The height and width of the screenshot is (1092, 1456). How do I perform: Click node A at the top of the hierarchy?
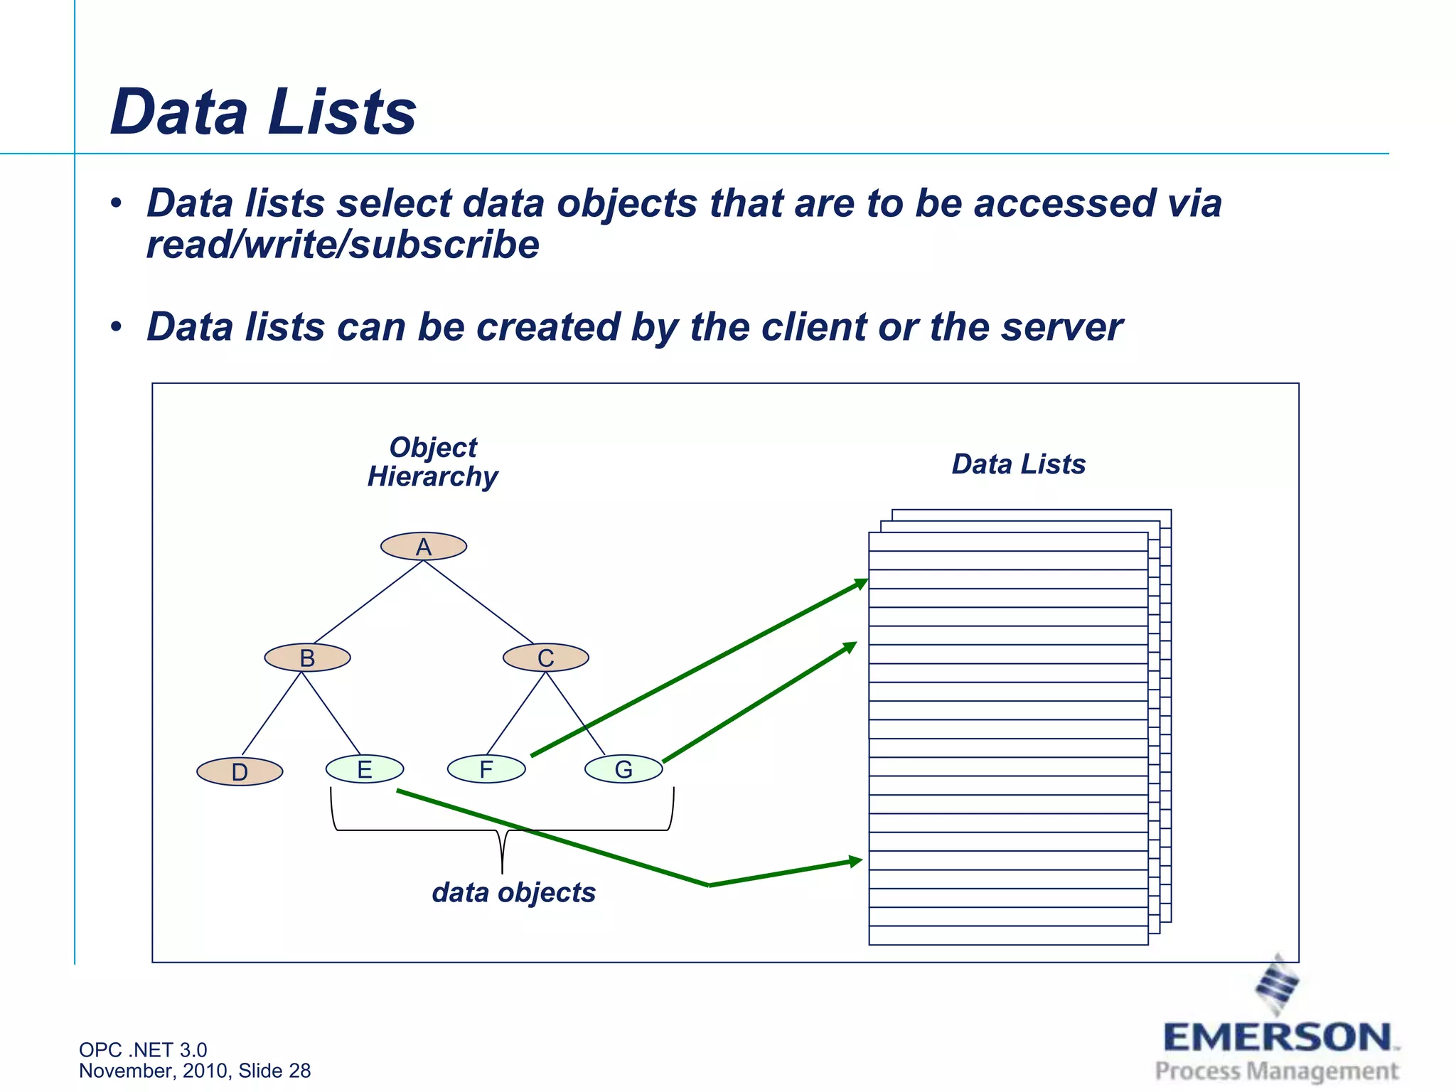pyautogui.click(x=424, y=547)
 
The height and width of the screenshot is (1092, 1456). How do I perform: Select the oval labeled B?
pyautogui.click(x=307, y=658)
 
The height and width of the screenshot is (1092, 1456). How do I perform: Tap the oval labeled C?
pyautogui.click(x=545, y=658)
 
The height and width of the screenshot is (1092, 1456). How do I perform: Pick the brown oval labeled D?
pyautogui.click(x=240, y=771)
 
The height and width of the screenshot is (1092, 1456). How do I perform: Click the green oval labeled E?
pyautogui.click(x=365, y=769)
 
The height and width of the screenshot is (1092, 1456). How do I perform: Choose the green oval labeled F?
pyautogui.click(x=486, y=769)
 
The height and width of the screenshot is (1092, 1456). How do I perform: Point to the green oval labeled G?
pyautogui.click(x=623, y=769)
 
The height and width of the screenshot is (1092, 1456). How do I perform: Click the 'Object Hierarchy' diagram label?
pyautogui.click(x=433, y=462)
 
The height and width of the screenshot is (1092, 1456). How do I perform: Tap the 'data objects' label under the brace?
pyautogui.click(x=513, y=893)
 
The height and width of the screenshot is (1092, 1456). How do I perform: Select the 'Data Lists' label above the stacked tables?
pyautogui.click(x=1019, y=464)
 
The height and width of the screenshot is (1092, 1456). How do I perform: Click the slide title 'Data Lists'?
pyautogui.click(x=263, y=112)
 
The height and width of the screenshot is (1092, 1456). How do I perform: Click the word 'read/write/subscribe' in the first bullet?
pyautogui.click(x=343, y=245)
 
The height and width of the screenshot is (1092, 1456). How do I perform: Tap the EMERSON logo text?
pyautogui.click(x=1278, y=1037)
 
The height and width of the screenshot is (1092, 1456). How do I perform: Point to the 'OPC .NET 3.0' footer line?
pyautogui.click(x=143, y=1049)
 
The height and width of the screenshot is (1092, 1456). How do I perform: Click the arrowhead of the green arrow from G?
pyautogui.click(x=850, y=647)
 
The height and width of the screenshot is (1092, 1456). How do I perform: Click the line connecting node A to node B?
pyautogui.click(x=368, y=602)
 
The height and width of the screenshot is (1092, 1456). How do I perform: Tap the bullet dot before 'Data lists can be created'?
pyautogui.click(x=117, y=328)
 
